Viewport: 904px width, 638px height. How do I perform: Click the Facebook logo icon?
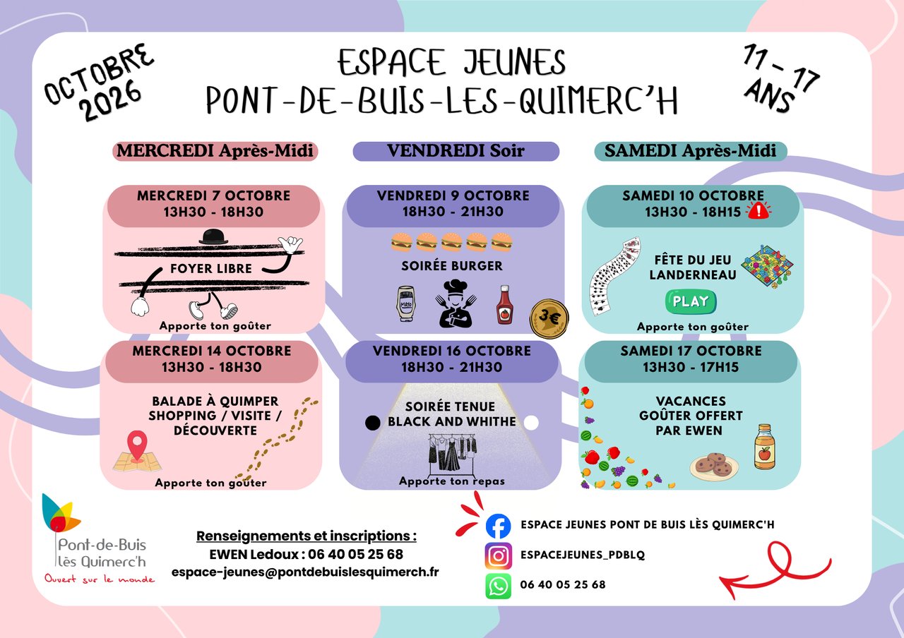(498, 526)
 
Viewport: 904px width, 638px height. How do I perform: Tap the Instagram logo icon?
(498, 555)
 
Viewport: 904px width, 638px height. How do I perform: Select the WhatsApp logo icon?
(498, 586)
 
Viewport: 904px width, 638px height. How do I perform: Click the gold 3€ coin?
(549, 318)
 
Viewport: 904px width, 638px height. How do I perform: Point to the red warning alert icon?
(759, 210)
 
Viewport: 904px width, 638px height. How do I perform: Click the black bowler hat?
(213, 236)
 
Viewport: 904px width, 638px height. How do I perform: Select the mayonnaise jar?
(405, 303)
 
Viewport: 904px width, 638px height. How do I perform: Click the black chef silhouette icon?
(456, 303)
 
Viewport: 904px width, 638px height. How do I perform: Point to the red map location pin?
(137, 445)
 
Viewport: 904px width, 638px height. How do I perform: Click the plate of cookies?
(714, 467)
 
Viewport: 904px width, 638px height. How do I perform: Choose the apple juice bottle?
(765, 447)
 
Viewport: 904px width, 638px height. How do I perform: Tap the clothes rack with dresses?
(452, 454)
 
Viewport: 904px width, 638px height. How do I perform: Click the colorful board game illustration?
(767, 266)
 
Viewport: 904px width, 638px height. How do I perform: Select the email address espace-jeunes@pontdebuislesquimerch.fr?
(305, 572)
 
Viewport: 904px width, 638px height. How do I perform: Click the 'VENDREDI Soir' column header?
(456, 151)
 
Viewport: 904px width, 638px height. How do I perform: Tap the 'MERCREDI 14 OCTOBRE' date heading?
(212, 351)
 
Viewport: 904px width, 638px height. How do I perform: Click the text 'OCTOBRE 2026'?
(98, 83)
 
